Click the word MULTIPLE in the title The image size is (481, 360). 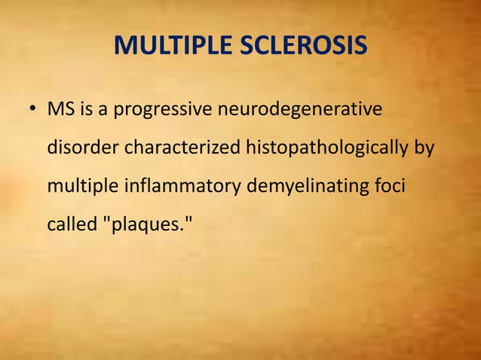coord(170,47)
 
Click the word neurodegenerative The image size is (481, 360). coord(300,111)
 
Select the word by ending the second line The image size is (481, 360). coord(424,148)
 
